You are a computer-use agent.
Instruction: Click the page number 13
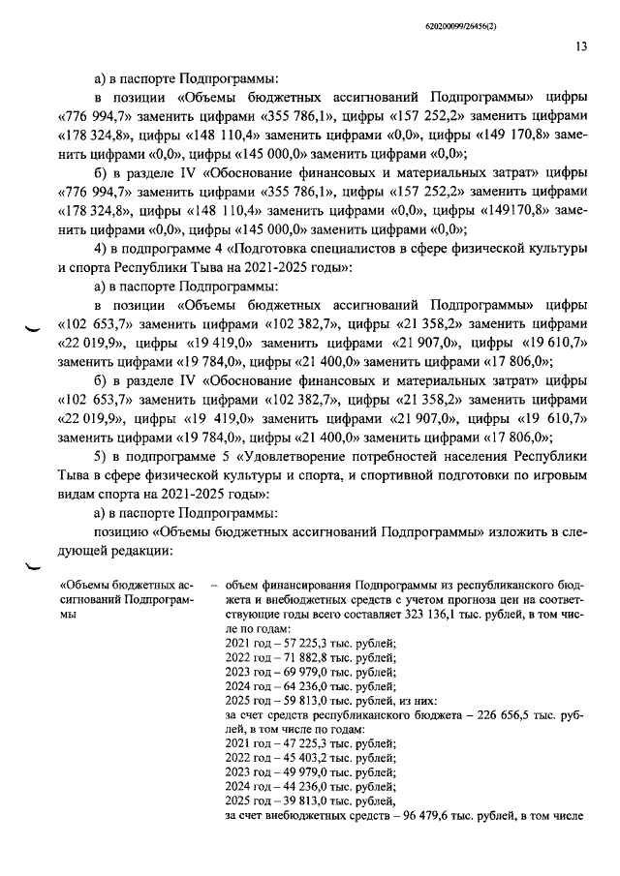pos(579,45)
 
